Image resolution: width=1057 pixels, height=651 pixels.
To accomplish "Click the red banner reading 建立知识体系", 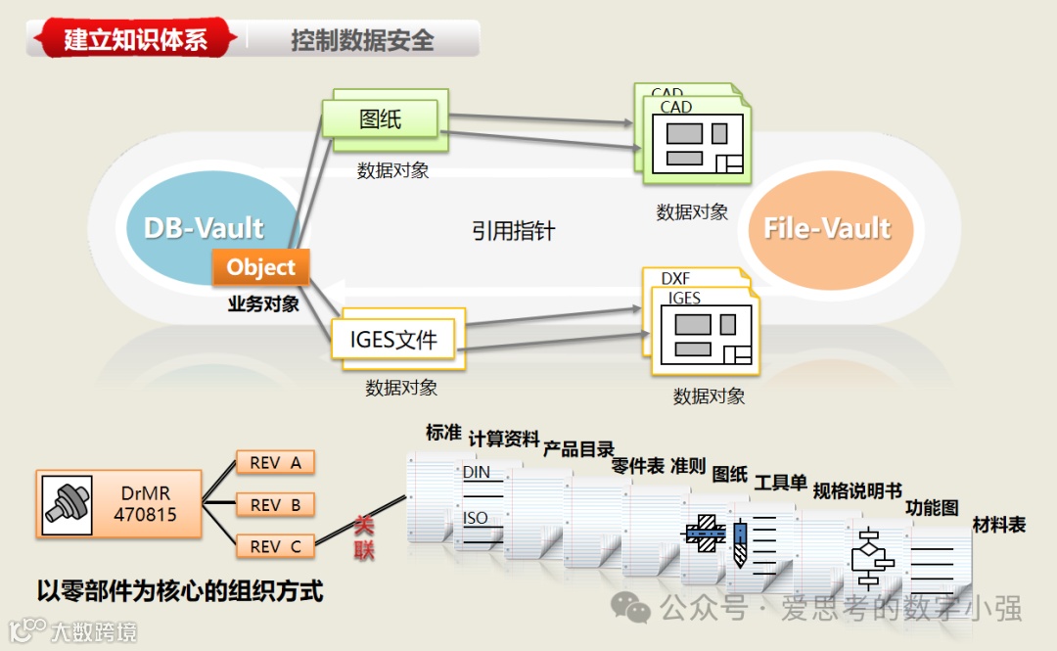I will [135, 39].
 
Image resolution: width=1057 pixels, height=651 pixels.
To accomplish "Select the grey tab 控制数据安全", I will [362, 40].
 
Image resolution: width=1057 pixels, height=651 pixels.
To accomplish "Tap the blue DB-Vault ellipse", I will [204, 228].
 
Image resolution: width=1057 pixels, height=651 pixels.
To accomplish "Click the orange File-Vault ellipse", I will [827, 228].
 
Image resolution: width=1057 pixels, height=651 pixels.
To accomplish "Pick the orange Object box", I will [260, 267].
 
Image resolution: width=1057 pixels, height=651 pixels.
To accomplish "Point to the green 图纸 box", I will [381, 118].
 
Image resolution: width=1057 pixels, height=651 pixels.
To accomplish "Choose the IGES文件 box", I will [393, 341].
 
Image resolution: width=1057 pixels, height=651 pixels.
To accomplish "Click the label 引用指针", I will [513, 231].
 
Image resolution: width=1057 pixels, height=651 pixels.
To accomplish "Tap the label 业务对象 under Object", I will [263, 303].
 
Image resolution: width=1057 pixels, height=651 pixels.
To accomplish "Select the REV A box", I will [275, 463].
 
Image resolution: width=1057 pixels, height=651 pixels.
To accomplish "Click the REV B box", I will [275, 505].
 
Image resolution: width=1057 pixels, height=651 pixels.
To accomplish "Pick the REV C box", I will [275, 546].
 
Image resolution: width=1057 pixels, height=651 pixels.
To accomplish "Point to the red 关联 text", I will [364, 538].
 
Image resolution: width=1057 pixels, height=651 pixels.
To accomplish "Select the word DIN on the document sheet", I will [477, 472].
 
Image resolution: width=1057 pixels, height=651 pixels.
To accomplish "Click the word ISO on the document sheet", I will [476, 518].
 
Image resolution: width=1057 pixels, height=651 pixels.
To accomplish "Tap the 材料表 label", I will [998, 525].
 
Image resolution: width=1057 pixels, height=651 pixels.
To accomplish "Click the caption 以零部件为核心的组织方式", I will [180, 590].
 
